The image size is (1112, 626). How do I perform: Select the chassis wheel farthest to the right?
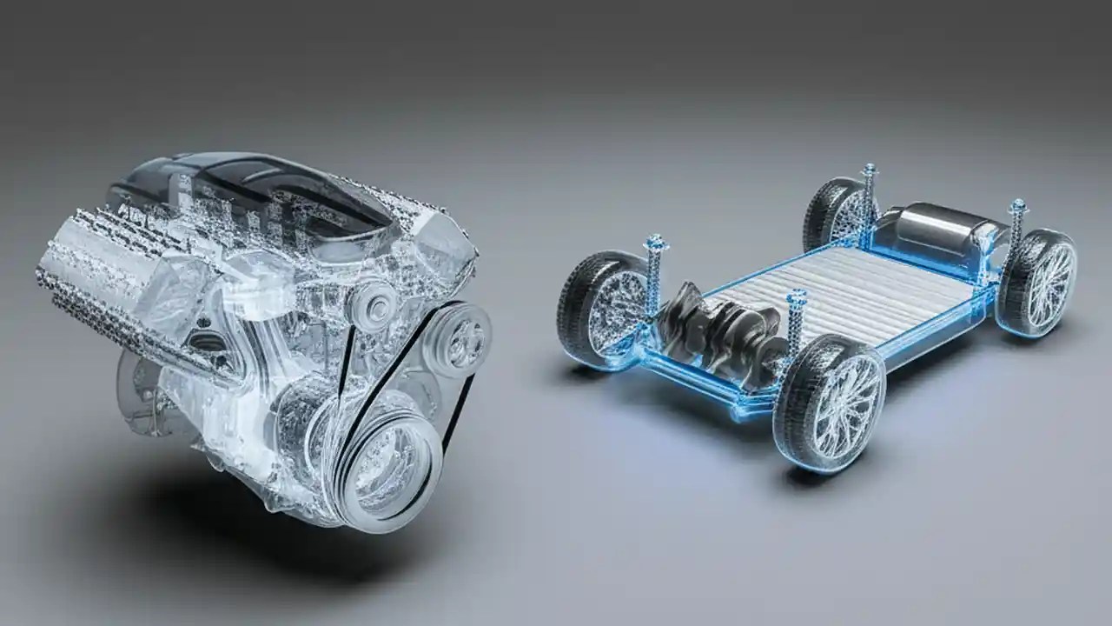tap(1037, 282)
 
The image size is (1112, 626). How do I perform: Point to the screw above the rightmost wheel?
tap(1016, 209)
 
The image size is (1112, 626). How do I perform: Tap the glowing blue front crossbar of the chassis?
tap(695, 383)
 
